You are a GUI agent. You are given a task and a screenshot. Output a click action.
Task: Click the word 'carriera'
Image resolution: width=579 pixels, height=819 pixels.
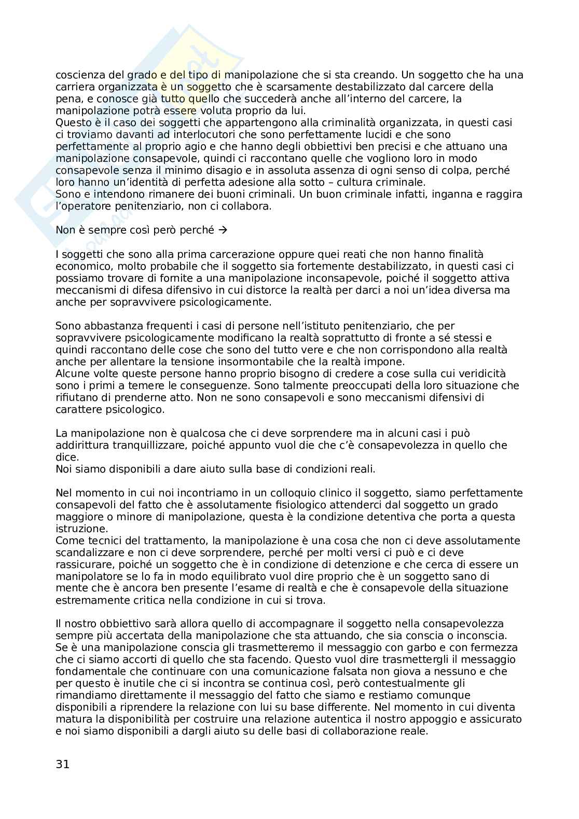coord(74,87)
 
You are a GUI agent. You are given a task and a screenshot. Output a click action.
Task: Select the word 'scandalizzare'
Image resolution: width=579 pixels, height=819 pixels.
coord(88,552)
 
